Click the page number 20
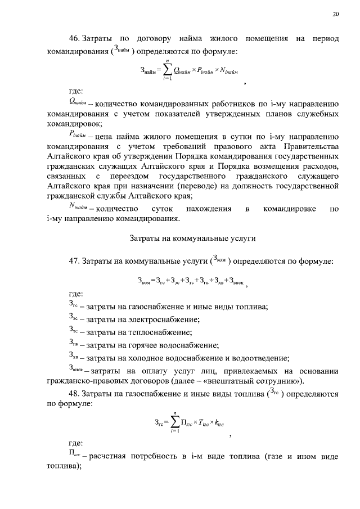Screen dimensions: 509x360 (x=335, y=15)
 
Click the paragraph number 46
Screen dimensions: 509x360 (x=75, y=39)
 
